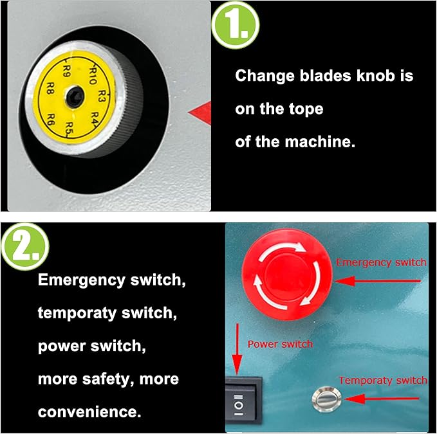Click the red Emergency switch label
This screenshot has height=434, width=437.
(x=381, y=262)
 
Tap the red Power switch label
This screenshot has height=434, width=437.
(x=280, y=344)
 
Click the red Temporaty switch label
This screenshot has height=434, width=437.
(x=382, y=380)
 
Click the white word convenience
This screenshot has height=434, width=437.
(x=89, y=411)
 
